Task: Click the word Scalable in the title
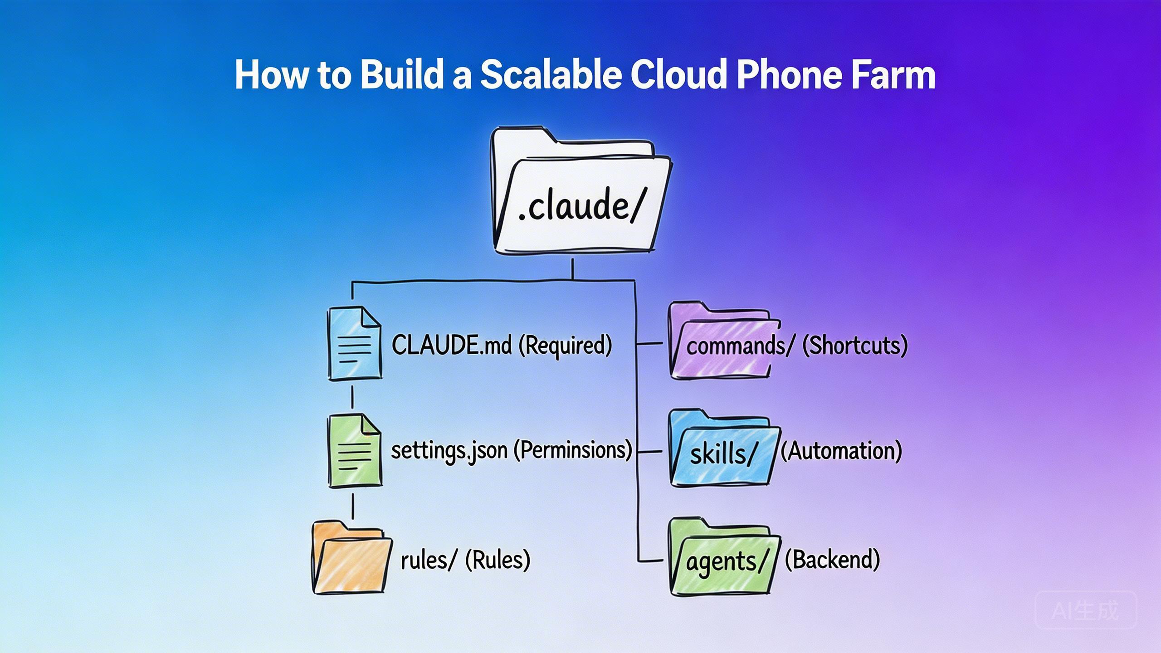point(551,75)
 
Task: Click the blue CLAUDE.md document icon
point(354,343)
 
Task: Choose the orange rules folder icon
point(351,559)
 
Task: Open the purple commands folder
point(721,341)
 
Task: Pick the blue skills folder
point(723,449)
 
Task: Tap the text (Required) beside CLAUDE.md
point(565,346)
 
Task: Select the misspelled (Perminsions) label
point(573,450)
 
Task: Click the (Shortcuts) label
point(855,346)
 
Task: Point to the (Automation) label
point(841,451)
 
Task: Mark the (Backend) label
point(832,560)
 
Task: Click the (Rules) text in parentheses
point(498,560)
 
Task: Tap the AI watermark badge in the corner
point(1085,610)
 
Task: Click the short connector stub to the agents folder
point(651,561)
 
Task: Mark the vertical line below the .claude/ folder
point(572,269)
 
